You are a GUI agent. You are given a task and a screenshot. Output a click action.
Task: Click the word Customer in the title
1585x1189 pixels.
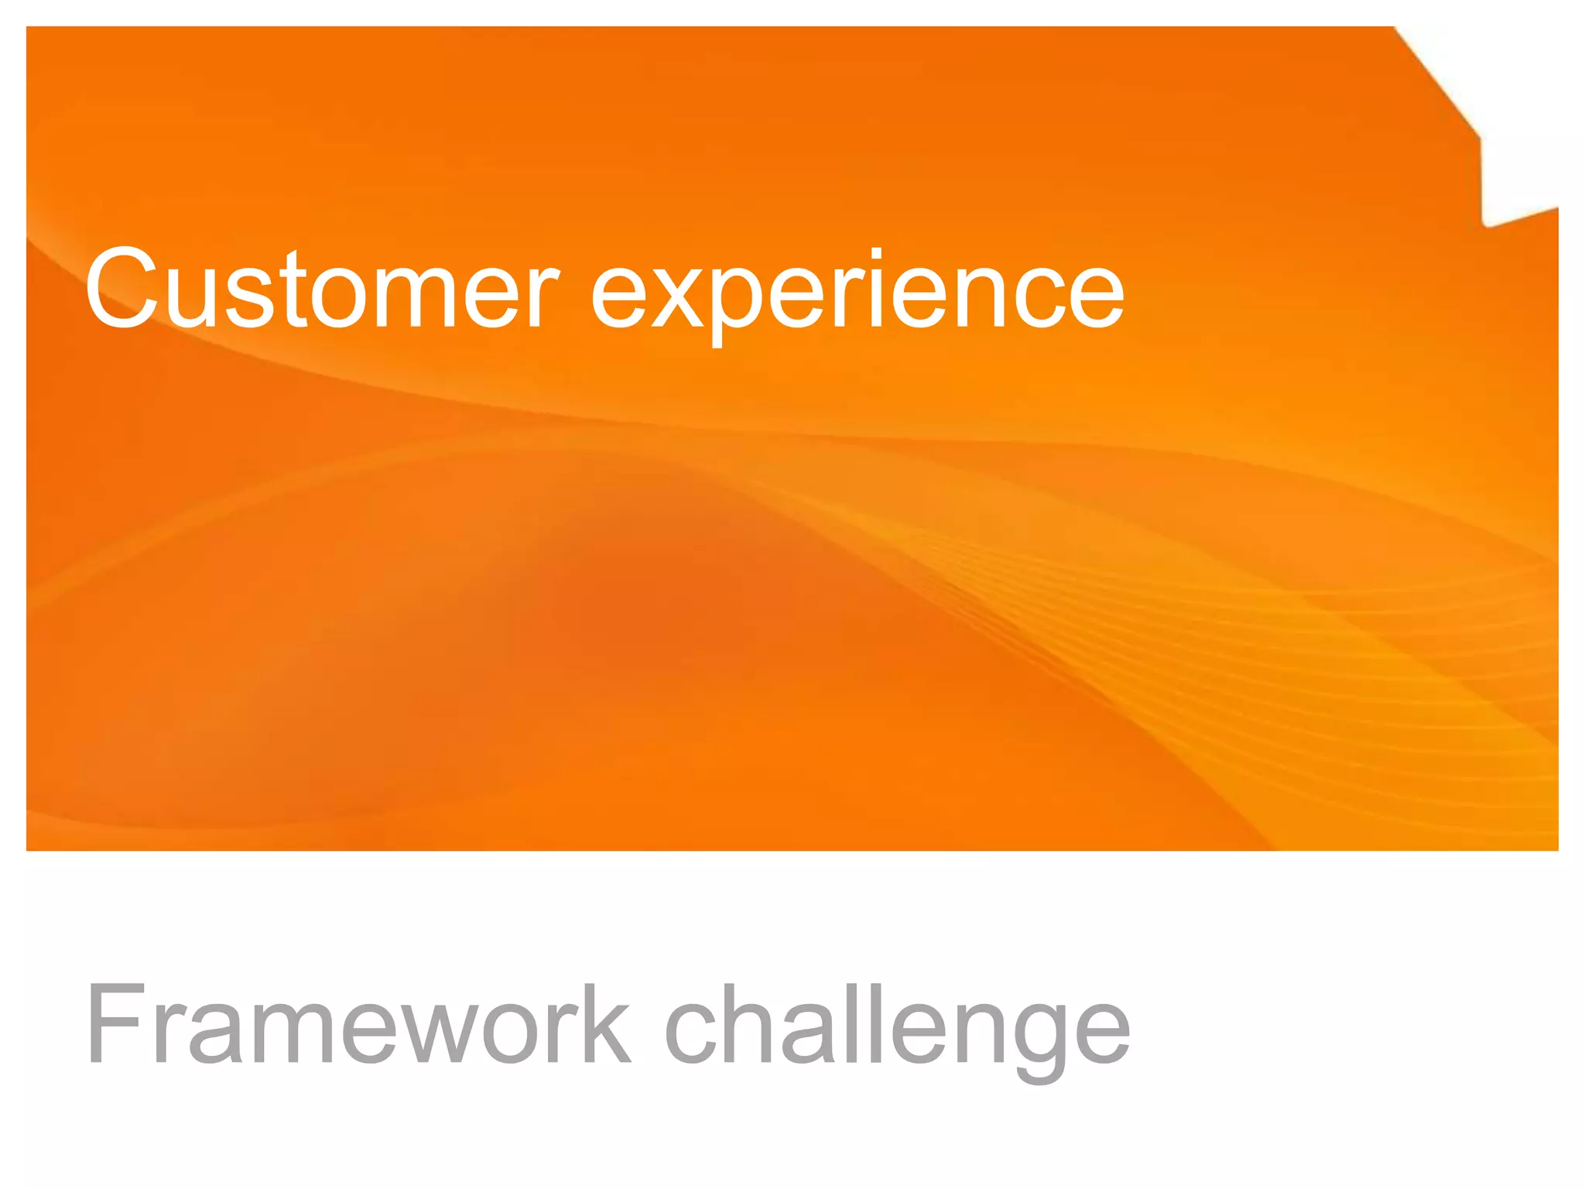point(321,288)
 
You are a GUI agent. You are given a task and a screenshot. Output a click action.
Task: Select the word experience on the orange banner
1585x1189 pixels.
point(858,291)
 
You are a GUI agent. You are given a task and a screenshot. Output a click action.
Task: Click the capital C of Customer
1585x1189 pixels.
point(122,288)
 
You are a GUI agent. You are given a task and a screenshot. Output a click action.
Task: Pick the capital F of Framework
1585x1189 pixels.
point(116,1025)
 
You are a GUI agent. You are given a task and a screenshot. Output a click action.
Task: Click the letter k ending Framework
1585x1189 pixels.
point(604,1025)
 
